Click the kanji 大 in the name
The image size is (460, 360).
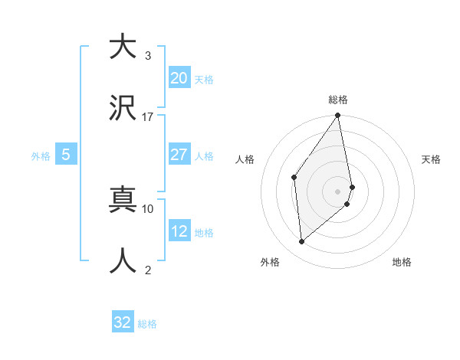(x=123, y=47)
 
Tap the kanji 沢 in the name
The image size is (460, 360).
(x=123, y=110)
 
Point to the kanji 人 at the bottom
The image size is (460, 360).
(x=123, y=261)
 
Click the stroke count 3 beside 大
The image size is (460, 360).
(x=147, y=55)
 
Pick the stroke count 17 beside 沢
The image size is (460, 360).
(x=147, y=117)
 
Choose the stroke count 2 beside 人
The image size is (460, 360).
(x=147, y=270)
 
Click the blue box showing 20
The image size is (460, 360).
(x=179, y=78)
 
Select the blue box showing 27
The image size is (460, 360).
(x=179, y=155)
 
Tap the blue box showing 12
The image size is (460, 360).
(x=179, y=231)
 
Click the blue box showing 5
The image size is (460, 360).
(x=66, y=155)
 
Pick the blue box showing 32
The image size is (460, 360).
(x=123, y=322)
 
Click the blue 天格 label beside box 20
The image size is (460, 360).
(x=204, y=79)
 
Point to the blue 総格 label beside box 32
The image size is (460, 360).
(x=147, y=324)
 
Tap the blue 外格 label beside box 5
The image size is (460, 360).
(x=41, y=155)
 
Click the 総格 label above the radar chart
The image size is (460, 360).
(x=338, y=100)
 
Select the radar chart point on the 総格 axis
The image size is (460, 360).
(x=338, y=116)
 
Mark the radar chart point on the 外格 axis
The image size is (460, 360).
(x=301, y=242)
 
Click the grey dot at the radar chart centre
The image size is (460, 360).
(x=338, y=191)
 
